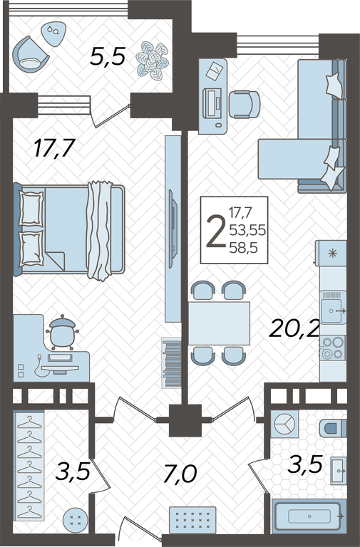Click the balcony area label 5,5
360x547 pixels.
tap(107, 57)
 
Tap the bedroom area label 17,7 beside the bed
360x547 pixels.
tap(54, 148)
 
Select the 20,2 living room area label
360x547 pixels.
tap(294, 328)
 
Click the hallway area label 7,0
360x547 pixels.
tap(180, 474)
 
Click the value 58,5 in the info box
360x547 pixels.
tap(243, 248)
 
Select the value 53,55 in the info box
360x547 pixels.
tap(247, 230)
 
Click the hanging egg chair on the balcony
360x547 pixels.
tap(30, 55)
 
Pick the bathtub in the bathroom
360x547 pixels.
tap(309, 516)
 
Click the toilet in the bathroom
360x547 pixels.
tap(333, 428)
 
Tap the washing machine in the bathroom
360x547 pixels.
tap(284, 424)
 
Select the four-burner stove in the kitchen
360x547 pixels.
tap(333, 348)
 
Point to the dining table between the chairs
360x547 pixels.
tap(219, 323)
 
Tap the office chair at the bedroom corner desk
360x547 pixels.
tap(62, 333)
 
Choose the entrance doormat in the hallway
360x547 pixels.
tap(192, 520)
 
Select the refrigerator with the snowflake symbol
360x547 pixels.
tap(331, 253)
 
